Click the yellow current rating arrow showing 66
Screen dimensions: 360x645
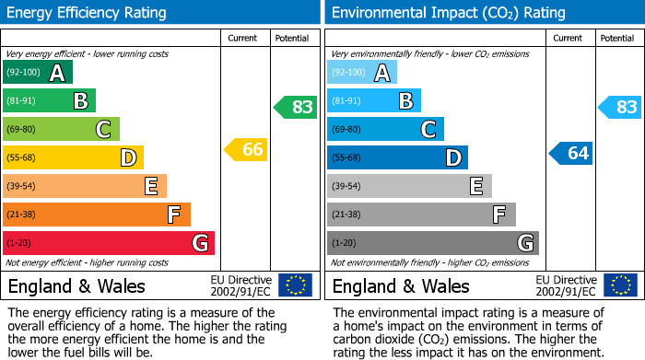pos(247,149)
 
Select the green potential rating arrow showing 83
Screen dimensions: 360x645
pos(296,107)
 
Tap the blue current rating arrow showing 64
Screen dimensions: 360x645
pos(571,153)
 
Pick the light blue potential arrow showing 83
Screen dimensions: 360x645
pos(620,107)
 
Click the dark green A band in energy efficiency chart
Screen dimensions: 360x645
pos(38,73)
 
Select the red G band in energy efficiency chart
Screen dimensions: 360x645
pos(109,243)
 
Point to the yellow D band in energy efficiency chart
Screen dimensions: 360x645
pos(73,157)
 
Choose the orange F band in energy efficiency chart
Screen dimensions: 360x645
pos(97,215)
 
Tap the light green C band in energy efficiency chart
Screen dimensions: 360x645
pos(61,129)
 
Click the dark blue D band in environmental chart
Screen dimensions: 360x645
pos(397,157)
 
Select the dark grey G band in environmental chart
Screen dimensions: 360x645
pos(432,243)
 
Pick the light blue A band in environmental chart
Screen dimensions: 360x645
pos(362,73)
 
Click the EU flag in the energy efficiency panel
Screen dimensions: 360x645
pos(295,285)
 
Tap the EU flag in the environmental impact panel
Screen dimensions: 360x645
pos(619,285)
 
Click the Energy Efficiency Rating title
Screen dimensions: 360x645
pos(88,13)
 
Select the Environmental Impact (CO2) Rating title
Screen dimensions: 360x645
pos(448,13)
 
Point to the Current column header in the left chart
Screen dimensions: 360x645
pos(244,38)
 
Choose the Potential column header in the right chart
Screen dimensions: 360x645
pos(616,38)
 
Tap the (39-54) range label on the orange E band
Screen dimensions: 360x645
pos(21,187)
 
